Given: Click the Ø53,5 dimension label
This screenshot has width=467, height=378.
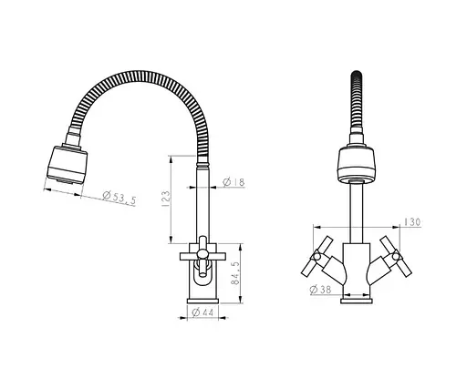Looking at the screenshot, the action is tap(119, 198).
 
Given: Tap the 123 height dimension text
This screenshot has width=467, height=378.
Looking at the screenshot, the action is tap(166, 199).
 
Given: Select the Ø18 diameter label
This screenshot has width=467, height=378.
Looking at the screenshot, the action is tap(233, 182).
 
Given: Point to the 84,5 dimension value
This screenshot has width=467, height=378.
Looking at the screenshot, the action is tap(235, 273).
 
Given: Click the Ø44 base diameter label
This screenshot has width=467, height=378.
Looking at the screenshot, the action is tap(202, 312).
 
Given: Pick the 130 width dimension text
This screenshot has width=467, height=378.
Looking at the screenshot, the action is tap(412, 222).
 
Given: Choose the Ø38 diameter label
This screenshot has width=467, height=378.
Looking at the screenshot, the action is tap(320, 290).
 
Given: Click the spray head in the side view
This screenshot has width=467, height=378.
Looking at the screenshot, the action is tap(67, 165).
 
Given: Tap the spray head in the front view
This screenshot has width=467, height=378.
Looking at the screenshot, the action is tap(357, 166).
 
